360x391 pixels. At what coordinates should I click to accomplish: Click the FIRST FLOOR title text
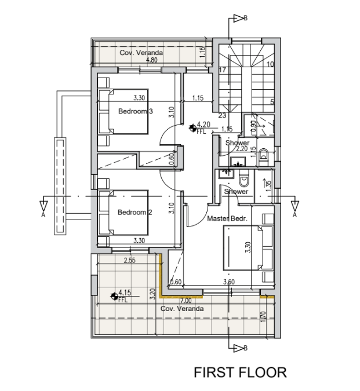point(240,372)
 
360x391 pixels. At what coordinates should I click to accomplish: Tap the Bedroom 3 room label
point(135,111)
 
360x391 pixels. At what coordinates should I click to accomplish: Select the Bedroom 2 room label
point(134,212)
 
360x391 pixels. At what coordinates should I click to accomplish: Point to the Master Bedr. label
point(227,218)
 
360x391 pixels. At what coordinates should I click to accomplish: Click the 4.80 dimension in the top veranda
point(152,60)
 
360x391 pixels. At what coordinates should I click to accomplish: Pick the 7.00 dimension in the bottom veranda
point(186,301)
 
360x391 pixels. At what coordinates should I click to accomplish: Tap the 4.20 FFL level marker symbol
point(192,128)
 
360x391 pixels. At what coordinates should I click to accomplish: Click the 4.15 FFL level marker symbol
point(114,296)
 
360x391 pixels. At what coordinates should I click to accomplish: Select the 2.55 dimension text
point(130,260)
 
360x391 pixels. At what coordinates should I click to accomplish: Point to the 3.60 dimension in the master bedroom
point(229,282)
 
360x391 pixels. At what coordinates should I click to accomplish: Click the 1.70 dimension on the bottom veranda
point(263,316)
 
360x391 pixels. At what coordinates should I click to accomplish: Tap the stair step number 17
point(223,70)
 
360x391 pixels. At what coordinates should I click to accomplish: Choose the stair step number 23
point(222,115)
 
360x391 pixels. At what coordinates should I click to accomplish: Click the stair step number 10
point(270,64)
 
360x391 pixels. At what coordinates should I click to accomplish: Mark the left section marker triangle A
point(43,205)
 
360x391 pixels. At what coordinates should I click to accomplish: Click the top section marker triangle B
point(238,18)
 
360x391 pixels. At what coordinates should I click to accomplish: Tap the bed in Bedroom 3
point(123,112)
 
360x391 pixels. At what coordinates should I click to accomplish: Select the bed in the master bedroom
point(248,248)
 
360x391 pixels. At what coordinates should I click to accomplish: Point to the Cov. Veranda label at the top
point(141,53)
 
